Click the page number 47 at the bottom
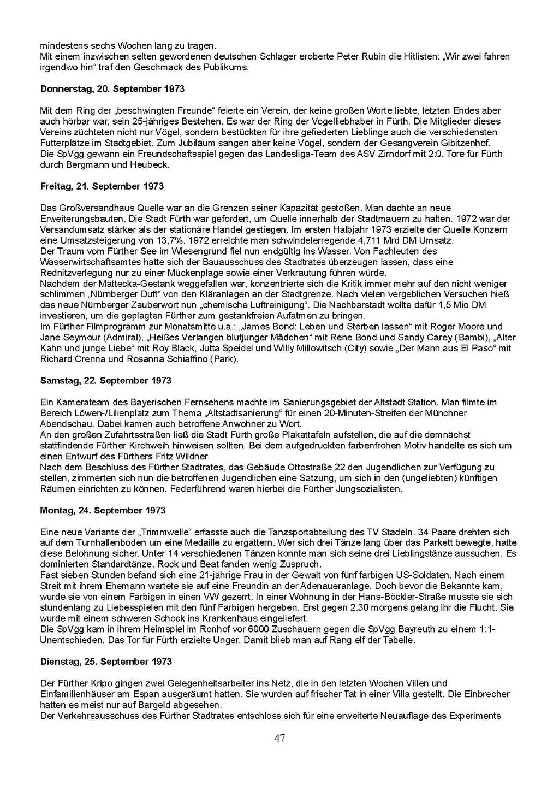point(279,739)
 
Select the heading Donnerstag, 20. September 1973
point(112,89)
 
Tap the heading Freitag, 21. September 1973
point(102,186)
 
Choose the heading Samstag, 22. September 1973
point(106,381)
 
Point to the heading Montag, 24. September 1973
point(103,510)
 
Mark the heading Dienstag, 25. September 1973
point(106,662)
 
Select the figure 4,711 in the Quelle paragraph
point(372,240)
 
